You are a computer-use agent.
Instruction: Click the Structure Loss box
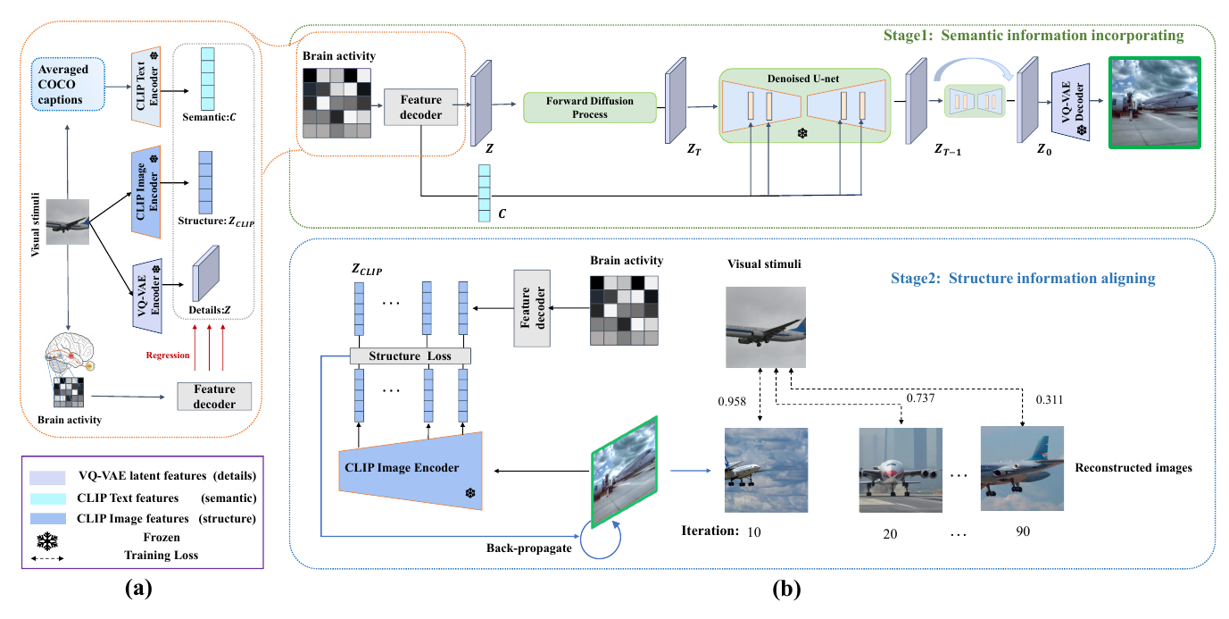pyautogui.click(x=411, y=356)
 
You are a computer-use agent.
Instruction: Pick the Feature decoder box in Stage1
pyautogui.click(x=420, y=108)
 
